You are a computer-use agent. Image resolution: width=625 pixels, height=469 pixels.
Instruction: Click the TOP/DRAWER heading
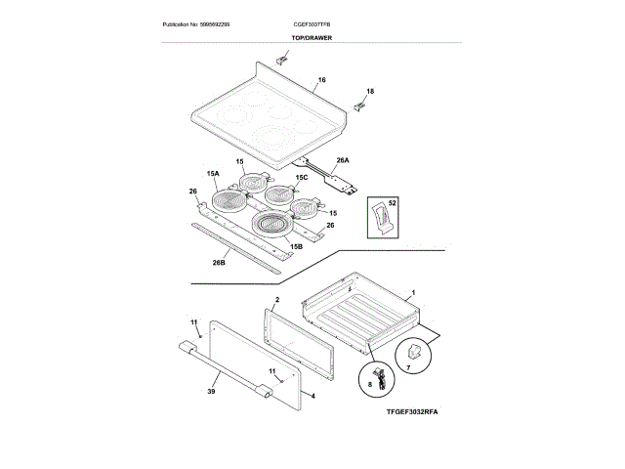click(311, 37)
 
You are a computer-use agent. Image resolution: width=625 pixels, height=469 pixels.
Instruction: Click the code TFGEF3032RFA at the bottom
click(413, 413)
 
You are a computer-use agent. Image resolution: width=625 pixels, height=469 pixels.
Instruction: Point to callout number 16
click(322, 78)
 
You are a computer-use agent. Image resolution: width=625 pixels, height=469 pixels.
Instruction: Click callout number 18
click(369, 91)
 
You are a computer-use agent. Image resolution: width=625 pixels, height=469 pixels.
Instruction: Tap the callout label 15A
click(213, 173)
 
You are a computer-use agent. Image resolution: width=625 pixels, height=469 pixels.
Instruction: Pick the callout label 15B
click(295, 247)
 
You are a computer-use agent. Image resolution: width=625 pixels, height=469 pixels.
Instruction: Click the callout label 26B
click(220, 262)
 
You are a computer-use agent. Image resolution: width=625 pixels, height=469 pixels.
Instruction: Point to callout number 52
click(394, 202)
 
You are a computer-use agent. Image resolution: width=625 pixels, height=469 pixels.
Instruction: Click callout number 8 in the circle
click(370, 386)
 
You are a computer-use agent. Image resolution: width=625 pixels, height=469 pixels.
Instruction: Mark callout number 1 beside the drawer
click(413, 293)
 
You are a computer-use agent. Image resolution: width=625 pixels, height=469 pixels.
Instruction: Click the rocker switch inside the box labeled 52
click(379, 217)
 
